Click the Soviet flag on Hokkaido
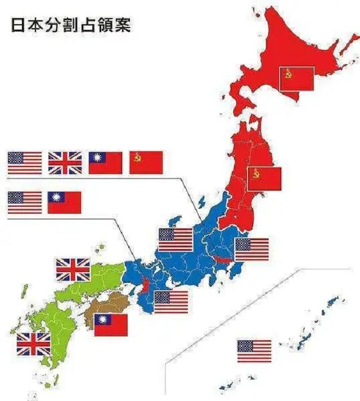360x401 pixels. pos(296,79)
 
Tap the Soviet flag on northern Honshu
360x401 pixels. pos(264,178)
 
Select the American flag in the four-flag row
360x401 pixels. pos(25,162)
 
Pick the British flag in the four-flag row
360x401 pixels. pos(65,162)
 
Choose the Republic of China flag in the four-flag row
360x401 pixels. pos(105,162)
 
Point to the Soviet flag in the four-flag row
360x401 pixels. pos(146,162)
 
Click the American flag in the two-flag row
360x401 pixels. pos(25,202)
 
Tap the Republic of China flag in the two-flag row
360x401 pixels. pos(65,202)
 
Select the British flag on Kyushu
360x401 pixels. pos(33,344)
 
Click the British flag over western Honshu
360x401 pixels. pos(73,269)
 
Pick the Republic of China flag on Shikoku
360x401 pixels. pos(111,325)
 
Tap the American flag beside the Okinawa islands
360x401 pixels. pos(254,351)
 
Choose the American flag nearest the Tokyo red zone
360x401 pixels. pos(251,249)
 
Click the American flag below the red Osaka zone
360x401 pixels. pos(171,302)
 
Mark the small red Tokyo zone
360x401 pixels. pos(221,259)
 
